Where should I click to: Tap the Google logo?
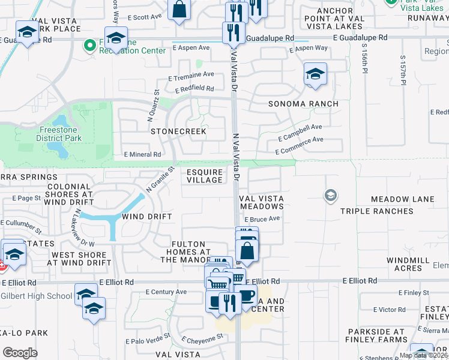click(20, 352)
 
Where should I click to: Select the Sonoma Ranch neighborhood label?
click(303, 104)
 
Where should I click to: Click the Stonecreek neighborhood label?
click(178, 131)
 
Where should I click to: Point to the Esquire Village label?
click(205, 176)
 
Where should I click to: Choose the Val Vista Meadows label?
click(261, 202)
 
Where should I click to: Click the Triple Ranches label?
click(370, 211)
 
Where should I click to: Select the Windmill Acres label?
click(404, 264)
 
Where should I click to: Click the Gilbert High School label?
click(36, 296)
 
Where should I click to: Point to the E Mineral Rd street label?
click(142, 154)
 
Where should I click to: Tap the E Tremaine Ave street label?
click(191, 75)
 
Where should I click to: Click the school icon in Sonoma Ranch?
click(315, 75)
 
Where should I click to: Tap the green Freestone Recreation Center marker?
click(90, 45)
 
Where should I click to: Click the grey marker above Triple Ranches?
click(330, 195)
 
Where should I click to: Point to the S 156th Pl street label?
click(364, 56)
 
